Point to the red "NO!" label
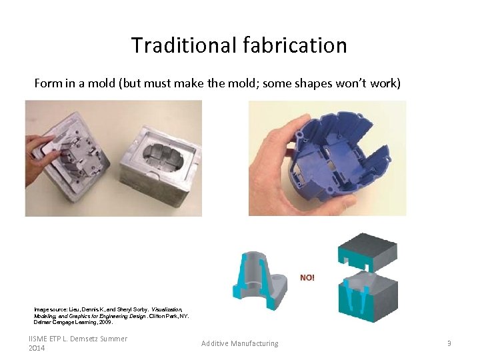click(x=307, y=277)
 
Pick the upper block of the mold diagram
click(x=366, y=250)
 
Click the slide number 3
click(x=449, y=343)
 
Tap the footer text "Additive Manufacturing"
click(x=240, y=343)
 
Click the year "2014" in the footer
click(x=37, y=348)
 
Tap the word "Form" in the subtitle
click(x=48, y=83)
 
